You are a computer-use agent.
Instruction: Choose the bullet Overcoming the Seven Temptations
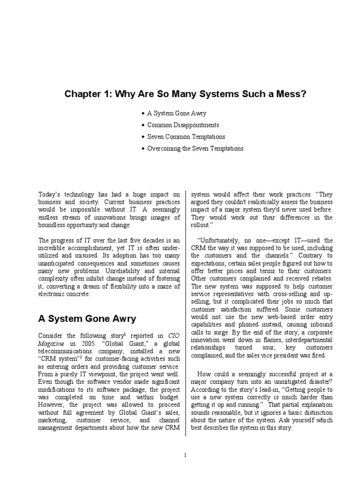[195, 149]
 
